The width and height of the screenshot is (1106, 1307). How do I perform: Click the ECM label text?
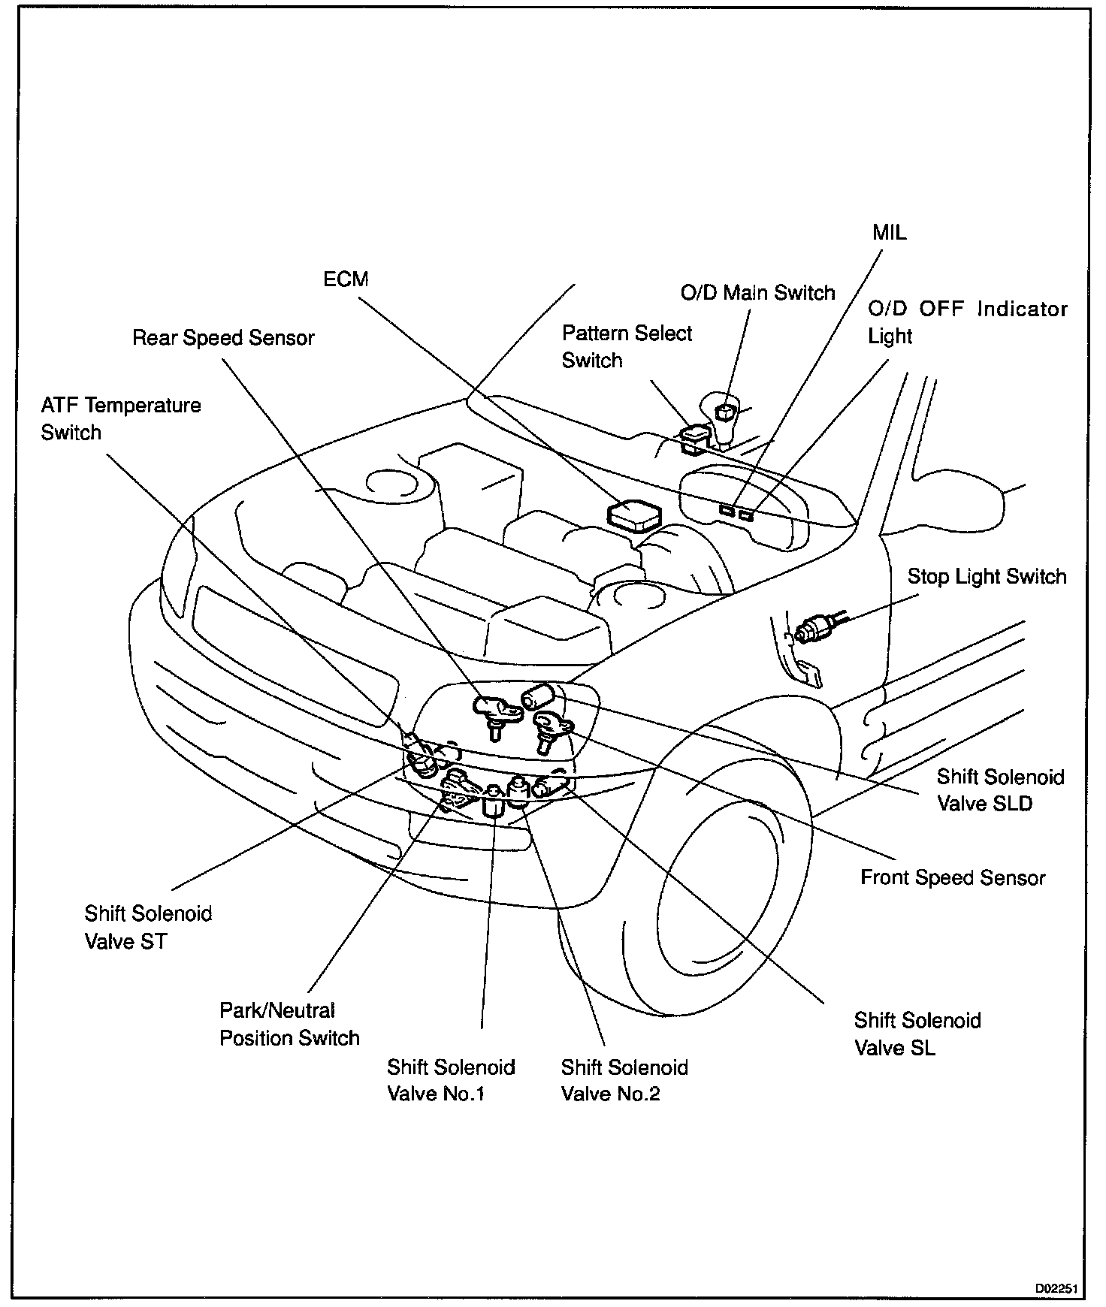tap(346, 279)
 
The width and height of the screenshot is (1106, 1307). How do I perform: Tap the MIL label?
tap(889, 232)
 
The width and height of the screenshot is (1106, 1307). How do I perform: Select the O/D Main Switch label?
tap(757, 292)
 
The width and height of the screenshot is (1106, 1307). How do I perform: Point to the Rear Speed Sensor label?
tap(223, 338)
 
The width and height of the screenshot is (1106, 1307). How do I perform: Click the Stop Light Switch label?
tap(987, 576)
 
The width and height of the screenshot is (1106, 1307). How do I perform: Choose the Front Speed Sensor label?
tap(953, 877)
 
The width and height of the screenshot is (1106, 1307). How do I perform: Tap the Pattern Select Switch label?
tap(627, 346)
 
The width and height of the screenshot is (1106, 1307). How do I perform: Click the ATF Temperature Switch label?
tap(121, 418)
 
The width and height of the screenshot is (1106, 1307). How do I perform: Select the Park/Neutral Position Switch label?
tap(289, 1024)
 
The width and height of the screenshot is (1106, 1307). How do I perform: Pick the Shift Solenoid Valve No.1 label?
tap(451, 1080)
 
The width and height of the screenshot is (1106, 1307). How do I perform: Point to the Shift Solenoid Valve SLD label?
tap(1000, 790)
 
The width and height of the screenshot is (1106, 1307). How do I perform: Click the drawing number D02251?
tap(1056, 1288)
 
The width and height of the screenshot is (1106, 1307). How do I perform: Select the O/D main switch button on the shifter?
tap(725, 412)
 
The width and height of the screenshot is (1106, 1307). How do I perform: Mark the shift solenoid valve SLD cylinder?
tap(538, 696)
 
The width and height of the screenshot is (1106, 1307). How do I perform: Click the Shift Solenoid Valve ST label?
tap(148, 927)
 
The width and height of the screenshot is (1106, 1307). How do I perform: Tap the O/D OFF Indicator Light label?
tap(967, 322)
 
